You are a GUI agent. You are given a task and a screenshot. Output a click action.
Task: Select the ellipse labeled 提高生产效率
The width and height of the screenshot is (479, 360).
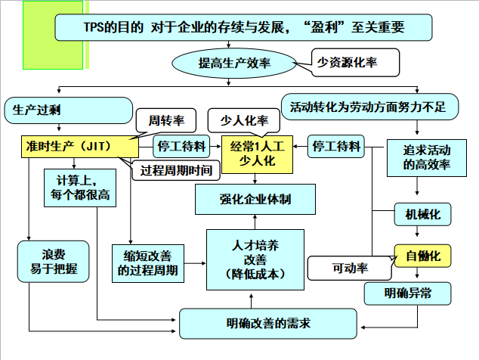(234, 64)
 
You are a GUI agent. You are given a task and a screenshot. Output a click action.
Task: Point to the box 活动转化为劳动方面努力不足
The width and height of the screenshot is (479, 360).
(368, 106)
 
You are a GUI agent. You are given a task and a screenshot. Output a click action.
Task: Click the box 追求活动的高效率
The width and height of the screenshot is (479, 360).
(422, 157)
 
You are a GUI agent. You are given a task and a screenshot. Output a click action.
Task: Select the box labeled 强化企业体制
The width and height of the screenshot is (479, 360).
(255, 199)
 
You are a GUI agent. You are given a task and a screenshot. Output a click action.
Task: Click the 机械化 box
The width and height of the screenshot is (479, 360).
(422, 215)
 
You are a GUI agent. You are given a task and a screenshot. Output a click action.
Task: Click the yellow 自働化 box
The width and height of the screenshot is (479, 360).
(422, 256)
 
